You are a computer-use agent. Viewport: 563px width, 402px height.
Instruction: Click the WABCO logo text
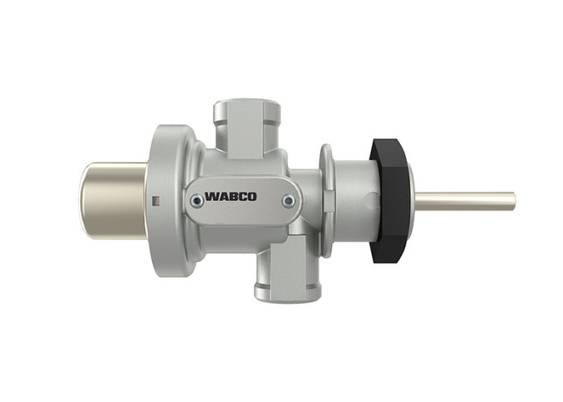click(231, 197)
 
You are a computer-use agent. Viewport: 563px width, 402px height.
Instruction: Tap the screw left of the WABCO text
click(196, 201)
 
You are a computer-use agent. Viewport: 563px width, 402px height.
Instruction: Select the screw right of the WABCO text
click(288, 201)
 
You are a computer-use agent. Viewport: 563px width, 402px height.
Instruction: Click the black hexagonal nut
click(390, 201)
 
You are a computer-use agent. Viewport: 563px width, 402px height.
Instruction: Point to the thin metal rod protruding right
click(466, 201)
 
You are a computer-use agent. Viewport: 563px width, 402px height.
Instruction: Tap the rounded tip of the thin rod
click(514, 201)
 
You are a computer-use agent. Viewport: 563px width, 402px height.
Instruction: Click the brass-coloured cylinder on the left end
click(113, 201)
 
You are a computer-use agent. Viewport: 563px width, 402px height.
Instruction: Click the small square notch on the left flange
click(155, 201)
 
